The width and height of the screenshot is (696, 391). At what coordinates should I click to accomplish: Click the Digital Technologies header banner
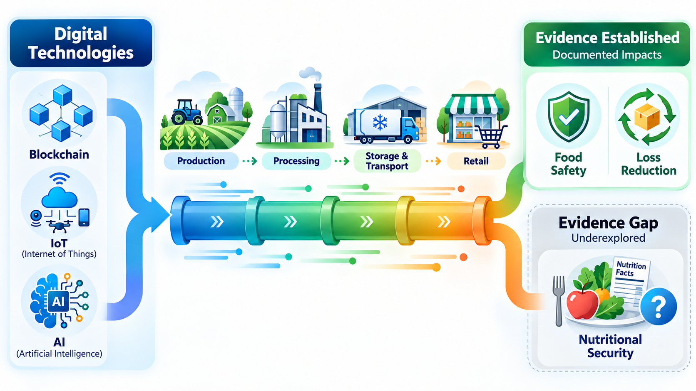point(81,43)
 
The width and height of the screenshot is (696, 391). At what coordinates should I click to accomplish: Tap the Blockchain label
point(59,155)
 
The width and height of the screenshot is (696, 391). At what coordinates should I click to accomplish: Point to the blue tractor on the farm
point(186,112)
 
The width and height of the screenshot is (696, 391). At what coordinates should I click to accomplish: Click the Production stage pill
point(201,161)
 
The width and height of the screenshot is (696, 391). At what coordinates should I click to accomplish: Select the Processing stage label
point(296,161)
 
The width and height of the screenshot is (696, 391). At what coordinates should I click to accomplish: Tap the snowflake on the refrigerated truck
point(380,123)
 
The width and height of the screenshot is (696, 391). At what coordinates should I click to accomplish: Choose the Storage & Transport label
point(387,161)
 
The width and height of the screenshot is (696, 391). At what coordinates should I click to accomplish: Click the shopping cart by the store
point(491,136)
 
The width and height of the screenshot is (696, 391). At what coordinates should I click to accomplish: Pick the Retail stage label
point(476,161)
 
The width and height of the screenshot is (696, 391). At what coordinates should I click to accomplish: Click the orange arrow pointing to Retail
point(433,161)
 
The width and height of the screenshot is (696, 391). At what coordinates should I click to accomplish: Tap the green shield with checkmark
point(568,117)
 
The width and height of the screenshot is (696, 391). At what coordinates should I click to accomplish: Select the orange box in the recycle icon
point(647,116)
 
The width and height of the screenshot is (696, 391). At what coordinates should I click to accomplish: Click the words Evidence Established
point(607,38)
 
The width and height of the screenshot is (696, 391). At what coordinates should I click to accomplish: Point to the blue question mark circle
point(659,306)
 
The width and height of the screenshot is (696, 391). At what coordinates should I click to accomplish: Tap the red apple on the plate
point(582,302)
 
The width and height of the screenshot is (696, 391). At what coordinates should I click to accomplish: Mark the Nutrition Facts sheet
point(629,280)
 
